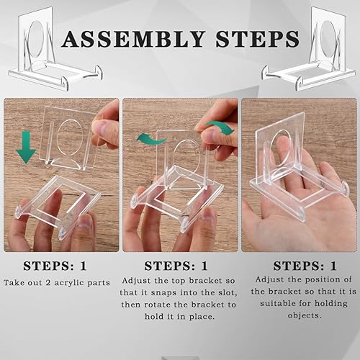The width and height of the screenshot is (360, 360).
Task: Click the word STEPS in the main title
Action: [x=257, y=39]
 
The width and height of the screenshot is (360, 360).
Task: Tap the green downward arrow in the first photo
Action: [x=26, y=148]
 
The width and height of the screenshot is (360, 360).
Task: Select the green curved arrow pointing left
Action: [x=152, y=140]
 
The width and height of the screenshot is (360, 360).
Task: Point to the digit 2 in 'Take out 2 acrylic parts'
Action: [x=48, y=283]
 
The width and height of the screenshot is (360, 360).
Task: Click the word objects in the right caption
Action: [x=305, y=315]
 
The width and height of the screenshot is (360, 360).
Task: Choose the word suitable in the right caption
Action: [x=278, y=303]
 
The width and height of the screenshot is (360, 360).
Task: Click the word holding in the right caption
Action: [x=331, y=304]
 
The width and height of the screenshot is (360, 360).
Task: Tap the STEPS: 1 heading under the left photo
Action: [x=55, y=266]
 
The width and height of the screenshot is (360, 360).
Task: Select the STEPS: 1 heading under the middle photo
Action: [x=176, y=266]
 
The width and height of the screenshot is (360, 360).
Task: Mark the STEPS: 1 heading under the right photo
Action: [x=305, y=266]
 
